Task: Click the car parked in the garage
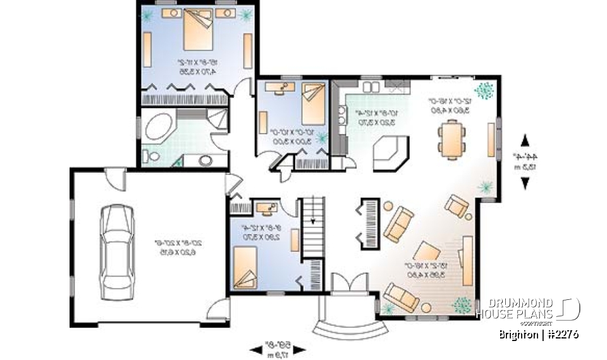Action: point(118,251)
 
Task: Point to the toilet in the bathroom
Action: point(150,156)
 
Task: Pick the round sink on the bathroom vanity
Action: point(206,159)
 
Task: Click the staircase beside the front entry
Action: point(313,227)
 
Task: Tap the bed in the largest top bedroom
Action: point(199,32)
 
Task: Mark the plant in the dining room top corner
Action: point(484,91)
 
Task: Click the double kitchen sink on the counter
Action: point(343,116)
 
